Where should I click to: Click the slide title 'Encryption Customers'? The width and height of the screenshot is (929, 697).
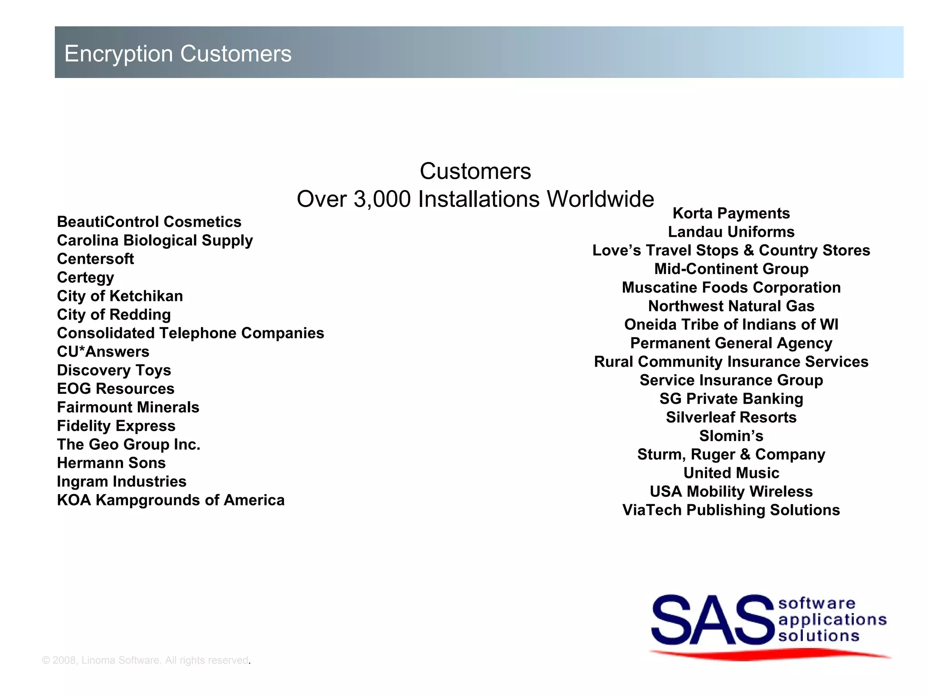(178, 54)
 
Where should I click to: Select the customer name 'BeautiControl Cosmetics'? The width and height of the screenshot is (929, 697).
(149, 222)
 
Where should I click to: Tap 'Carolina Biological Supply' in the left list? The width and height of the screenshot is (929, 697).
(155, 241)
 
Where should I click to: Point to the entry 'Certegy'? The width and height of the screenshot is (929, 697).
(85, 278)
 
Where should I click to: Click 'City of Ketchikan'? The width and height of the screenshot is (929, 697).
(120, 296)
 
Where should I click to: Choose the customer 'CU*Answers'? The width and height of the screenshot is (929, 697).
(103, 352)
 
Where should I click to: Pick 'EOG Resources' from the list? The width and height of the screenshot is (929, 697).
(116, 389)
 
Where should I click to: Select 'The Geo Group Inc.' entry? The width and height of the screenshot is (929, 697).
(128, 444)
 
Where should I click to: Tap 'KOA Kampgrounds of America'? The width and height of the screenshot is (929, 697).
(171, 500)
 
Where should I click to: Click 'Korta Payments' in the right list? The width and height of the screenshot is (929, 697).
(731, 213)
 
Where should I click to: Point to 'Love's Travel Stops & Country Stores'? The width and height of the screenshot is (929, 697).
(731, 250)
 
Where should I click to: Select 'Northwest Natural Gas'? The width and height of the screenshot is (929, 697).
(731, 306)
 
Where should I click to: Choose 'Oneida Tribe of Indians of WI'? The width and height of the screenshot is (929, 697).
(731, 325)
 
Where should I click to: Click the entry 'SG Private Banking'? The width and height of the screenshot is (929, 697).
(731, 399)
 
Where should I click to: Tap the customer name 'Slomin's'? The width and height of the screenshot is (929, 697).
(731, 436)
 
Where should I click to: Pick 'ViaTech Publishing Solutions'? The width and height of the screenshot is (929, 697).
(731, 510)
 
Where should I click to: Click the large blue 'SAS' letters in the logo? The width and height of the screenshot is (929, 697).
(712, 620)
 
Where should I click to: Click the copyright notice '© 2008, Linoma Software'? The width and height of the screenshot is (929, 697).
(145, 660)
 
